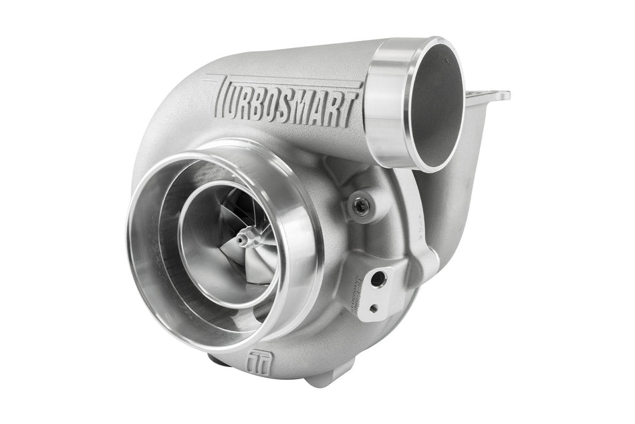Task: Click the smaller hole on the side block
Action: pos(373,308)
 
